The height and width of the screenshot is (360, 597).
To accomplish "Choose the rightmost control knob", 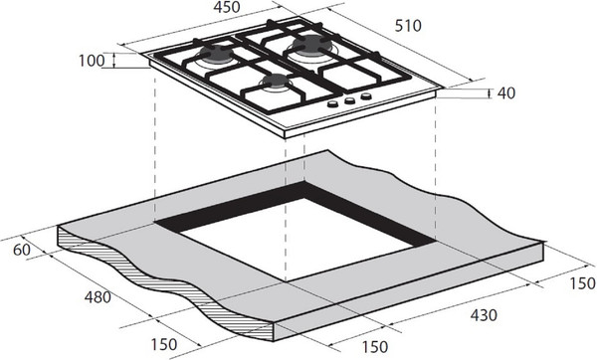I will pyautogui.click(x=365, y=96).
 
